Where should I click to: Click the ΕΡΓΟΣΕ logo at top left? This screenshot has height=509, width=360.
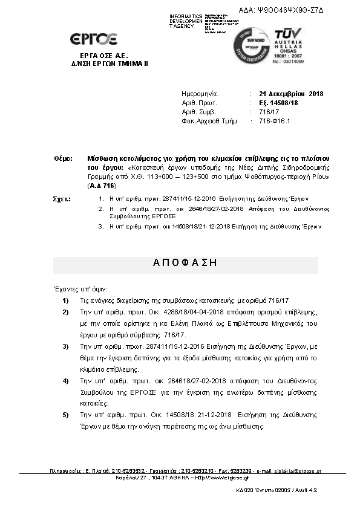[93, 39]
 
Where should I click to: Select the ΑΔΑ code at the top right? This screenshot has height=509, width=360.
[290, 11]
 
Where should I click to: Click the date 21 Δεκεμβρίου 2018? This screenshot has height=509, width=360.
[291, 94]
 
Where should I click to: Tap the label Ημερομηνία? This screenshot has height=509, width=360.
[199, 94]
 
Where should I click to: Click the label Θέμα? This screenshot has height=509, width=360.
[63, 158]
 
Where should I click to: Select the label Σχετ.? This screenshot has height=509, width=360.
[63, 199]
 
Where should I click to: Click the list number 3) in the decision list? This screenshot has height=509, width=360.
[66, 346]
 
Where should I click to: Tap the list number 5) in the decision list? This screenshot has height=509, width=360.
[66, 415]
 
